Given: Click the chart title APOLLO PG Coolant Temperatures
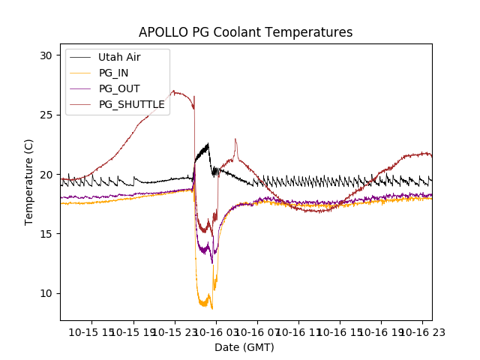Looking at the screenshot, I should click(x=245, y=32).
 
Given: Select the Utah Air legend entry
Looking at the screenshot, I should click(x=118, y=57).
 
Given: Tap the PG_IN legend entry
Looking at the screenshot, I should click(x=114, y=73).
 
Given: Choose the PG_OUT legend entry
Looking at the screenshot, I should click(x=118, y=88).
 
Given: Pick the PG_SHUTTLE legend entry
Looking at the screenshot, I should click(x=131, y=104).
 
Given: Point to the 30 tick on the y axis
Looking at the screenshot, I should click(x=46, y=55).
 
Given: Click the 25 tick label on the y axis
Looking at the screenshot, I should click(x=46, y=115).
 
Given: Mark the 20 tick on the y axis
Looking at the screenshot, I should click(x=46, y=174).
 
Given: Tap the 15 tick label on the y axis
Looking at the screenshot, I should click(x=46, y=233).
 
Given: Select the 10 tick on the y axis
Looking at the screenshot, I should click(x=46, y=292).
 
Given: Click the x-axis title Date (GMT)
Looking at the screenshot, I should click(x=244, y=347).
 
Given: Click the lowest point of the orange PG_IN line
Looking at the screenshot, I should click(x=212, y=308).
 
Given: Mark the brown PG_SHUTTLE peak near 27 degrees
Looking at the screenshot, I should click(x=173, y=91).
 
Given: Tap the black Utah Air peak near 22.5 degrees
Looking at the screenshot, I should click(x=208, y=143).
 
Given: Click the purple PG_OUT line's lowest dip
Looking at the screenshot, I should click(x=211, y=262).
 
